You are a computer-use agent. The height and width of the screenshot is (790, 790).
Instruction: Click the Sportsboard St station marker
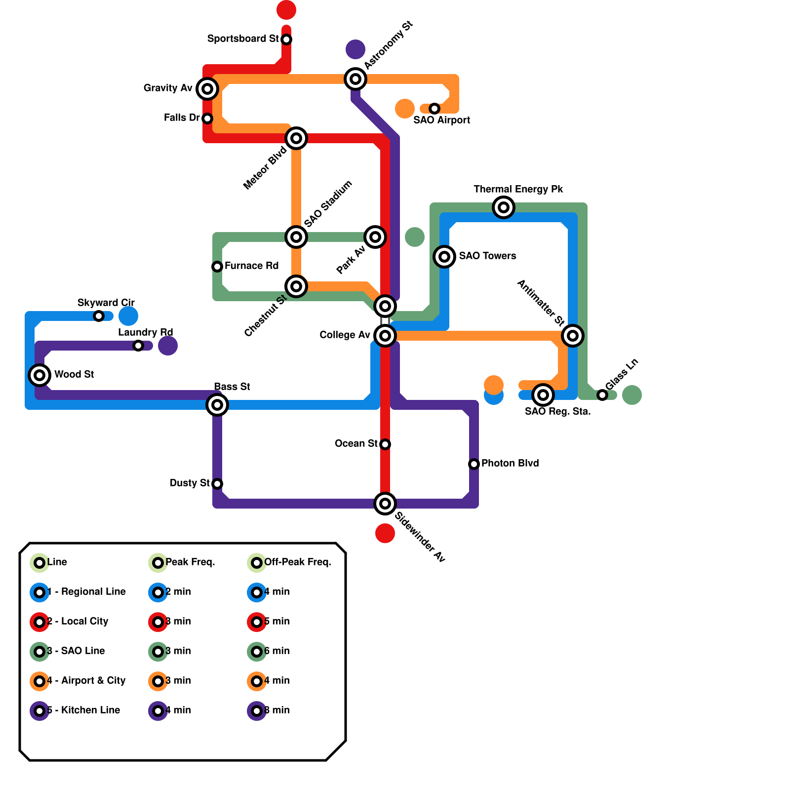coord(286,39)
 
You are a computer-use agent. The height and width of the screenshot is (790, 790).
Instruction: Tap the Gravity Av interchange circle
coord(207,89)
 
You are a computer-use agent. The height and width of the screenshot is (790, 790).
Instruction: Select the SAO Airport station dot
coord(434,109)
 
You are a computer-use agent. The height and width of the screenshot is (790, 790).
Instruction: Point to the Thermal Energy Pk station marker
coord(504,207)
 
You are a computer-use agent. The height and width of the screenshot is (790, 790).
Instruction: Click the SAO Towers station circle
coord(444,257)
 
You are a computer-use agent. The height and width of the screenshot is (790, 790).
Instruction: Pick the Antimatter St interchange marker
coord(573,336)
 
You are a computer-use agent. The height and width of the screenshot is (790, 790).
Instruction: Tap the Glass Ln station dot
coord(602,395)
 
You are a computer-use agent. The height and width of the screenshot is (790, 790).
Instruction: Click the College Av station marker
coord(385,336)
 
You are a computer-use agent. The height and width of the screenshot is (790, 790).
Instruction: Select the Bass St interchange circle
coord(217,405)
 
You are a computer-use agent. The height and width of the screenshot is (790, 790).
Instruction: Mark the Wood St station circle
coord(39,375)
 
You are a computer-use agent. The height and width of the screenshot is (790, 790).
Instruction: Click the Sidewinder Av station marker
coord(385,504)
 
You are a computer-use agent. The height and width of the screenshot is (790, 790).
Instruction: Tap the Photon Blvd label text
coord(510,463)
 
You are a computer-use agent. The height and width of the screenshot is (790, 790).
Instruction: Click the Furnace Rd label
coord(251,266)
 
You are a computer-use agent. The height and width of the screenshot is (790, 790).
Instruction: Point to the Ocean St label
coord(356,443)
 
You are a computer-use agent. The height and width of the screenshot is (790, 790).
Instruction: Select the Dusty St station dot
coord(217,484)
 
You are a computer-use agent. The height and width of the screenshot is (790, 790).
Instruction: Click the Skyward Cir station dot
coord(99,316)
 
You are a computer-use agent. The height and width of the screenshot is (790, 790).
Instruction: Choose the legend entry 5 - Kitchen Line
coord(83,710)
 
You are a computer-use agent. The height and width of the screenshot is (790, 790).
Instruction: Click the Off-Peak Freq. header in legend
coord(297,562)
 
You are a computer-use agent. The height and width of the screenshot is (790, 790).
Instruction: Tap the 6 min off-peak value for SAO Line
coord(276,651)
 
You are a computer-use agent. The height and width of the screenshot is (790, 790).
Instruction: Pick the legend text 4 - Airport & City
coord(86,680)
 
